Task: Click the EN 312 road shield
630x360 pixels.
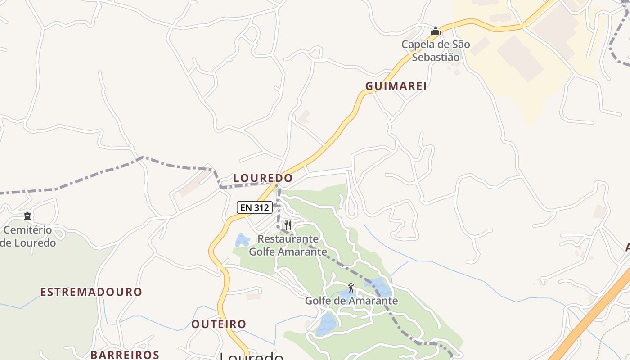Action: tap(255, 207)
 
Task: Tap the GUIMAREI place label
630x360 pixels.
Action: tap(396, 86)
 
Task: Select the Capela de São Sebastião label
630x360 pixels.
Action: tap(436, 51)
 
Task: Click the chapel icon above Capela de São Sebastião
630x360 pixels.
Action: tap(435, 31)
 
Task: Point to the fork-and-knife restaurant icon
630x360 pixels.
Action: tap(288, 225)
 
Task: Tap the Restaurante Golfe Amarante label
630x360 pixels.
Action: tap(288, 245)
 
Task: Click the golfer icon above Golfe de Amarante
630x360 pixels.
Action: tap(351, 287)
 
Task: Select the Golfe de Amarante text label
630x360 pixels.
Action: tap(351, 301)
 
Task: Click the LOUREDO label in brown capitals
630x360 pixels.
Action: tap(263, 178)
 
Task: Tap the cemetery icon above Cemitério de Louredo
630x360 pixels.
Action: tap(27, 216)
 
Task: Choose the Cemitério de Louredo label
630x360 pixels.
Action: tap(28, 237)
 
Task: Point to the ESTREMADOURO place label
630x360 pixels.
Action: tap(91, 292)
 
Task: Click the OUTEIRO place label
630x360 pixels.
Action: tap(219, 324)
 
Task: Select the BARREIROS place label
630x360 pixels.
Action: tap(125, 355)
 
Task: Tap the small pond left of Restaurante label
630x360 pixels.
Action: tap(242, 240)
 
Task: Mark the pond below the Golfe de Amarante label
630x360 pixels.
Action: tap(326, 324)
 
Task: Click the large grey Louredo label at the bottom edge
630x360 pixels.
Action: tap(252, 356)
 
